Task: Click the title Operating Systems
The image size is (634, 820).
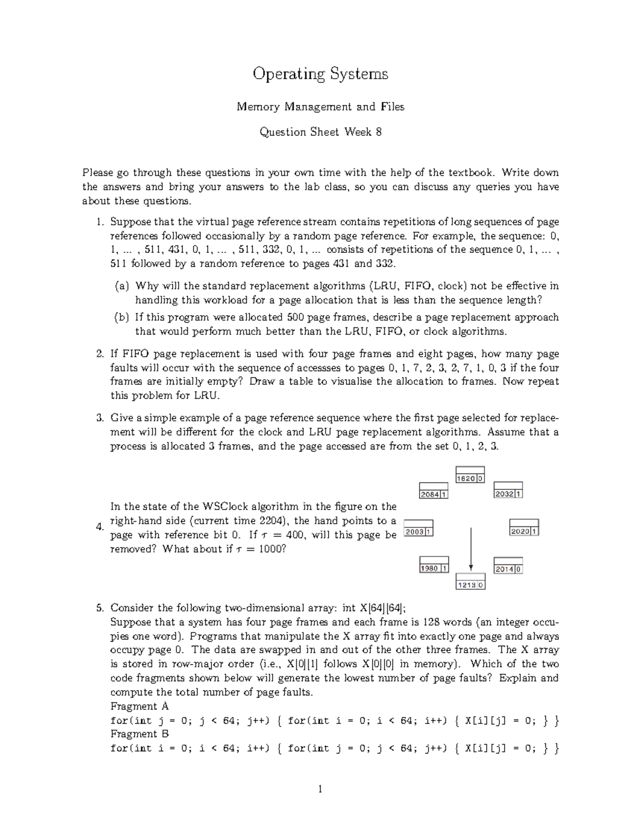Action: click(320, 74)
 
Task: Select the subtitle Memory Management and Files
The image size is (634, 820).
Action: click(320, 107)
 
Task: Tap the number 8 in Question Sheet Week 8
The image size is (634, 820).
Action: click(378, 132)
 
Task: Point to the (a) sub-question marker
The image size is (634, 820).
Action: click(122, 286)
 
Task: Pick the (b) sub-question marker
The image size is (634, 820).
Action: click(122, 317)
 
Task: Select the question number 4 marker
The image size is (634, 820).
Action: click(99, 527)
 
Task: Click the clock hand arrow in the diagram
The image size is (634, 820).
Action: click(470, 549)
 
